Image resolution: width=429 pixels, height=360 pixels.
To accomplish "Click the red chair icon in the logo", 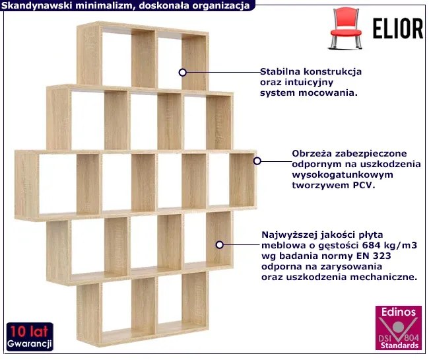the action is (346, 28).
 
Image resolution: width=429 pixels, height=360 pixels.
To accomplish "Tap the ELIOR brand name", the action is (398, 28).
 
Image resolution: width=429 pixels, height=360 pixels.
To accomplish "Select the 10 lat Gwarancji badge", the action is (30, 336).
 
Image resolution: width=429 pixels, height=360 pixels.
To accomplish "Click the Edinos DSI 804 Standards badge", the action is (399, 328).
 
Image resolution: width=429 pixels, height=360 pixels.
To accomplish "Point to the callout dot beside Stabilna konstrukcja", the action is (182, 73).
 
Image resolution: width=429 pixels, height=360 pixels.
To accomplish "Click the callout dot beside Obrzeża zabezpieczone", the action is (257, 161).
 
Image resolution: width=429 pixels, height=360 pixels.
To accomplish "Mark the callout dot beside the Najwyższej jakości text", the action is (219, 245).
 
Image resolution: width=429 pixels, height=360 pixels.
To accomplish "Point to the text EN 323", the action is (374, 256).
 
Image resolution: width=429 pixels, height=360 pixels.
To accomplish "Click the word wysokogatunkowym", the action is (343, 175).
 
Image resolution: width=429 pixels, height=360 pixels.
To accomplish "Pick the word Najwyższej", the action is (290, 235).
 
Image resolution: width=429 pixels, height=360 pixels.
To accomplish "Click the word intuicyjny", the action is (309, 83).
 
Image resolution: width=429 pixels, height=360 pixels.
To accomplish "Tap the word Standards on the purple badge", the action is (399, 345).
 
